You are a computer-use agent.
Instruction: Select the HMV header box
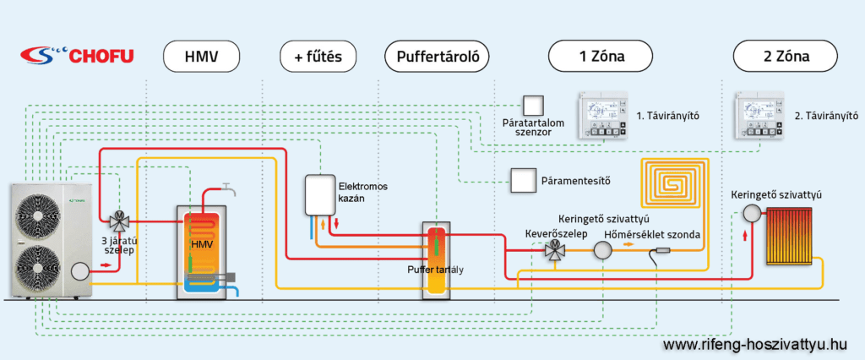pyautogui.click(x=202, y=57)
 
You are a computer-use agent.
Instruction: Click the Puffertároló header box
pyautogui.click(x=437, y=57)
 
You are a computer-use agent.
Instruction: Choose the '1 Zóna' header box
pyautogui.click(x=600, y=57)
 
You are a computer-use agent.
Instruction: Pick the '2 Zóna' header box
pyautogui.click(x=785, y=57)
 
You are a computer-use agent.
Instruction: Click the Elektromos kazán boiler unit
pyautogui.click(x=320, y=195)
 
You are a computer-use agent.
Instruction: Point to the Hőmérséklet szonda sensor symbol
pyautogui.click(x=664, y=250)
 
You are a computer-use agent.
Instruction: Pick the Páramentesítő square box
pyautogui.click(x=521, y=180)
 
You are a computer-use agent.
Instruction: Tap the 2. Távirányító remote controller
pyautogui.click(x=761, y=115)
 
